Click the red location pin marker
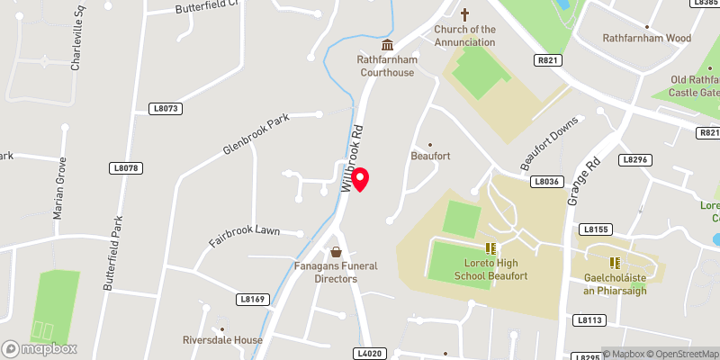[x=361, y=178]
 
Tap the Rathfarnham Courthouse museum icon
[x=388, y=45]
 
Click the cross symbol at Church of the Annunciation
[x=465, y=14]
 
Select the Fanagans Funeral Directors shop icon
[x=336, y=252]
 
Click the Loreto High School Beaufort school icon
[x=490, y=248]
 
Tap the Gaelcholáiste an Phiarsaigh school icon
[x=616, y=263]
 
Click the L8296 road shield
[x=634, y=159]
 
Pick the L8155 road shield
[x=596, y=229]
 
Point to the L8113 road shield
[x=589, y=319]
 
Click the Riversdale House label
[x=221, y=340]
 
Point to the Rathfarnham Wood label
[x=646, y=39]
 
